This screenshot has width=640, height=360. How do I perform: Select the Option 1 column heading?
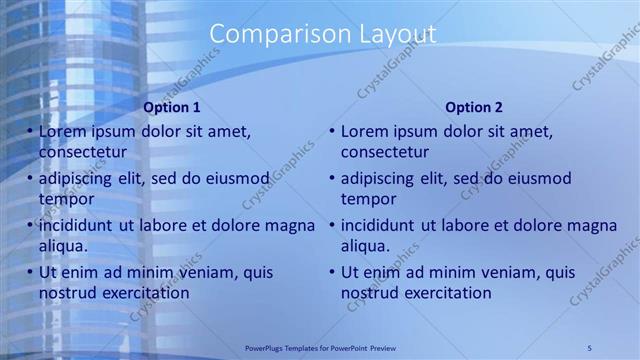tap(172, 107)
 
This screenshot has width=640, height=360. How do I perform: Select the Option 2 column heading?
tap(474, 107)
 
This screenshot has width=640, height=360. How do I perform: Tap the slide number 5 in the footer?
tap(590, 347)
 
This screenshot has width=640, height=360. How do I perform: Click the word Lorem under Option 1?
tap(63, 131)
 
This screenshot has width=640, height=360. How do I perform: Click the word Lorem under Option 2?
tap(365, 131)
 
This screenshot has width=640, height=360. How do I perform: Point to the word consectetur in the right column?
tap(385, 152)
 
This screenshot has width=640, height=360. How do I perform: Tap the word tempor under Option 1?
tap(65, 199)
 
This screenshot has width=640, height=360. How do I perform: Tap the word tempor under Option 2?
tap(368, 199)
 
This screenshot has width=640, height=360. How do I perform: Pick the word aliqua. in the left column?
tap(64, 246)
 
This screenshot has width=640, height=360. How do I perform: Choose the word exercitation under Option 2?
tap(442, 293)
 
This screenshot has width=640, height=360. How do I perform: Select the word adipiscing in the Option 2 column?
tap(378, 178)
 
